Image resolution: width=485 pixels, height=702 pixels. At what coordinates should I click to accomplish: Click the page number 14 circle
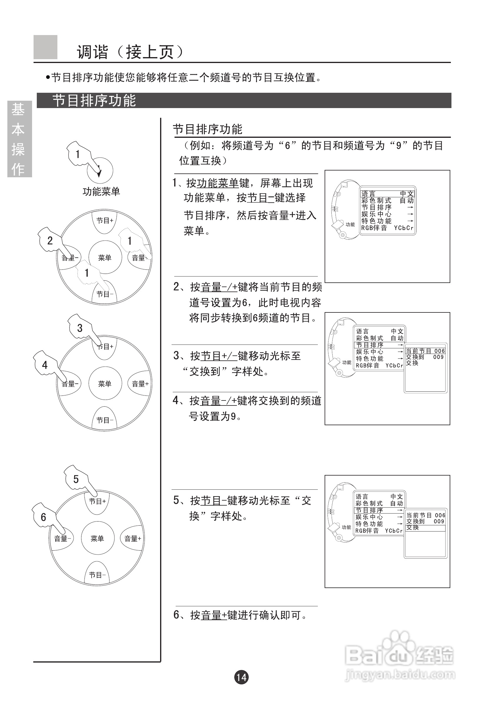click(241, 677)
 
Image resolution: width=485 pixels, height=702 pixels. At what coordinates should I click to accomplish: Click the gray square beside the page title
click(45, 47)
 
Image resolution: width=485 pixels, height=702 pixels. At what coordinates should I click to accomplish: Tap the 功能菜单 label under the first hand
click(101, 191)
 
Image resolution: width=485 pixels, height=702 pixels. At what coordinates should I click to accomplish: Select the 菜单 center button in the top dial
click(105, 258)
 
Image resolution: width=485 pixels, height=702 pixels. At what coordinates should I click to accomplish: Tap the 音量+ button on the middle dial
click(140, 384)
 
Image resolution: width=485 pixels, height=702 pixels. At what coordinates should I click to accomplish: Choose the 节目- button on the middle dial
click(104, 420)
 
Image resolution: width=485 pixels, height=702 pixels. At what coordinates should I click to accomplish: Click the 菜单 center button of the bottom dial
click(97, 539)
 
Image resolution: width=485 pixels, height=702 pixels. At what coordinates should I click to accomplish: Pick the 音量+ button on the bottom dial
click(132, 539)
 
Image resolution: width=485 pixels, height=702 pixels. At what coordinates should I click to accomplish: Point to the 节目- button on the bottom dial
click(97, 574)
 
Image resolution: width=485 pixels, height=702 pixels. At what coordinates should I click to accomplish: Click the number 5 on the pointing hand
click(76, 479)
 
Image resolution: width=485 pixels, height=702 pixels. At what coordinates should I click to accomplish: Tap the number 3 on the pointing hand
click(80, 328)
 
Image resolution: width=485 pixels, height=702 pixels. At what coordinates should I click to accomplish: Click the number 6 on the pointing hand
click(44, 517)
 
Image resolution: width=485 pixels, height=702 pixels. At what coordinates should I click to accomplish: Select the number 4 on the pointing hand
click(45, 365)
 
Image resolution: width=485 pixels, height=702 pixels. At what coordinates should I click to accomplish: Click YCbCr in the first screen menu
click(403, 228)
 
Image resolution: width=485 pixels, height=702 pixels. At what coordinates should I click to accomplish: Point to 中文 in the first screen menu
click(407, 194)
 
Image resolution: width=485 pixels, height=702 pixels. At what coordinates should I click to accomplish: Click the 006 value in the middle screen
click(439, 351)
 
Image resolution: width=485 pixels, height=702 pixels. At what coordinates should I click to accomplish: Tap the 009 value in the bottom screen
click(439, 521)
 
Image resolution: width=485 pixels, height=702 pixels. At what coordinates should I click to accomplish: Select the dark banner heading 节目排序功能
click(94, 101)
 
